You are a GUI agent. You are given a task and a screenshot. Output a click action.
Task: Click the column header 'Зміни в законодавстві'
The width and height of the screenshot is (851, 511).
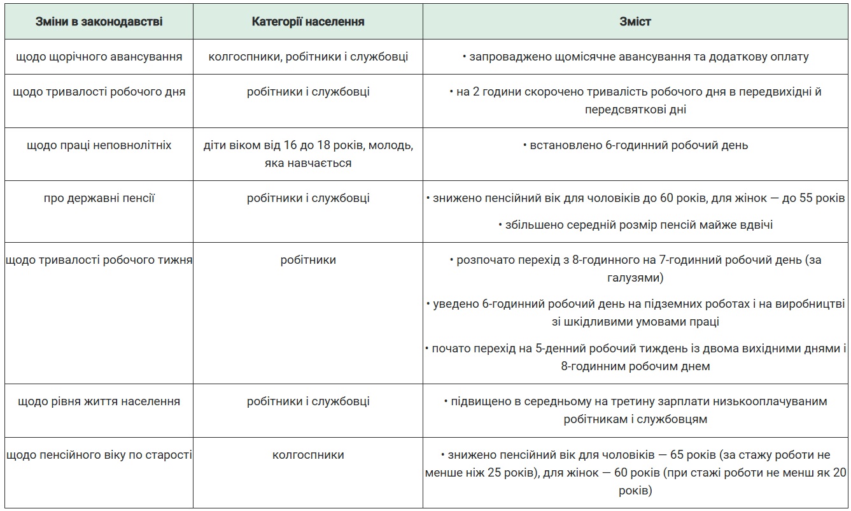coord(99,22)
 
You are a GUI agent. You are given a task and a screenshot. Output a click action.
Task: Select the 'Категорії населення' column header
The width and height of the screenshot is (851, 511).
coord(308,22)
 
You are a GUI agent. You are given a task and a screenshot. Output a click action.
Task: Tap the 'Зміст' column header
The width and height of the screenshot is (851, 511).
coord(635,22)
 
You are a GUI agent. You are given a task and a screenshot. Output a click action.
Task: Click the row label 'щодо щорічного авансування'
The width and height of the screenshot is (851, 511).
coord(99,57)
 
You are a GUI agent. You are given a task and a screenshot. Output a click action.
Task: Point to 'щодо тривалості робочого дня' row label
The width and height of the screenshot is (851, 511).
coord(99,92)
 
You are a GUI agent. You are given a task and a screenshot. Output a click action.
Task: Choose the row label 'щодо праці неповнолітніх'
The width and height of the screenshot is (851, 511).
coord(99,145)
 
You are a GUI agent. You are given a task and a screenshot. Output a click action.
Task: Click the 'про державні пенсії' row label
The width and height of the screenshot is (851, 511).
coord(99,198)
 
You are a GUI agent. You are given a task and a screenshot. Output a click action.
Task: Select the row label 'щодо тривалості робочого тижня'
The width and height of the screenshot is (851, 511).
coord(99,260)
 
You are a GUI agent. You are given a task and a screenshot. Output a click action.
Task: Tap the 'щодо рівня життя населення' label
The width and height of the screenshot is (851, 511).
coord(99,401)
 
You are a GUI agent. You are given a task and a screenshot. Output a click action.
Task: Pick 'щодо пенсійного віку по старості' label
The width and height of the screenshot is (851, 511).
coord(99,455)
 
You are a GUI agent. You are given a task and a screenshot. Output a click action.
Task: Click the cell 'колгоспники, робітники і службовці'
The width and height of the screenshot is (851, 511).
coord(308,57)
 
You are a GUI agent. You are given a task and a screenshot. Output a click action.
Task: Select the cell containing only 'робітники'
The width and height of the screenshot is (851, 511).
coord(308,260)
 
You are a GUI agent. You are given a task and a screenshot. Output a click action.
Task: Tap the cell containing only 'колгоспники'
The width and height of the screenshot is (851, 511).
coord(308,455)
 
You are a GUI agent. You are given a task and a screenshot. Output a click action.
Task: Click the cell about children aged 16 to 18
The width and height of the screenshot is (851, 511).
coord(308,154)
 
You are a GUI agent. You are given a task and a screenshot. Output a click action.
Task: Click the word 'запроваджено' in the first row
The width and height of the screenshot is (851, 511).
coord(502,57)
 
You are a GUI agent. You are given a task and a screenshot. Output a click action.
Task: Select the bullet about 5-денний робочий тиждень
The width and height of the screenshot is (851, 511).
coord(635,357)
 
